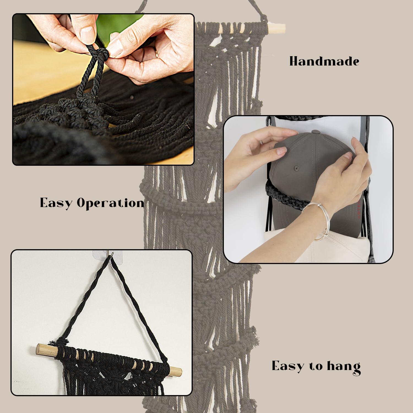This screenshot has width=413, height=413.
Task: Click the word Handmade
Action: pyautogui.click(x=324, y=61)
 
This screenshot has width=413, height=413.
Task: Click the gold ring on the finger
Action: pyautogui.click(x=156, y=53)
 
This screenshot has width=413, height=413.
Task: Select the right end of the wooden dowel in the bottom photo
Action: pyautogui.click(x=176, y=370)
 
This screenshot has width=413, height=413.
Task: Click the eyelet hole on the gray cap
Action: pyautogui.click(x=296, y=168)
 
